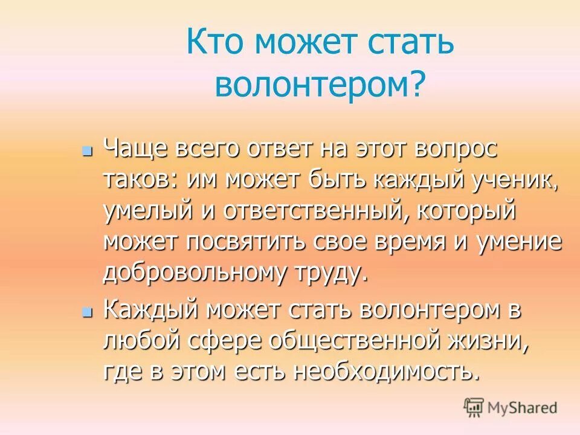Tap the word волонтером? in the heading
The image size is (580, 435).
[320, 85]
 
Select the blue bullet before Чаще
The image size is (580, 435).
[88, 149]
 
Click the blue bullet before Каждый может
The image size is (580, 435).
[88, 312]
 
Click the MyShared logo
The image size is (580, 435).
[511, 407]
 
